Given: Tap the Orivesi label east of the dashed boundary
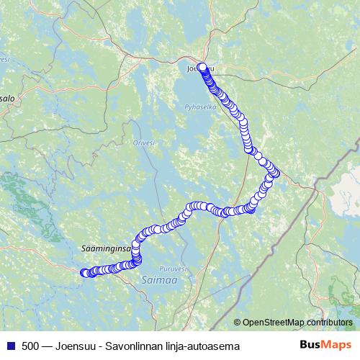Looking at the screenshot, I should [144, 143].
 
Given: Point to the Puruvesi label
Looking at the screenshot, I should [174, 266].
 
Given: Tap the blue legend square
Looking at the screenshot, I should [10, 346].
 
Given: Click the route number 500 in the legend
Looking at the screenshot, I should [30, 346].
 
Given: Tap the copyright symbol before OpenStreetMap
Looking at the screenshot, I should [238, 322].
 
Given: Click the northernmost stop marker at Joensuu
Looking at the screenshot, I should [202, 68].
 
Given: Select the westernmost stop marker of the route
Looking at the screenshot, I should [84, 272].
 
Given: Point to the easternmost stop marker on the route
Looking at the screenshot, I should [276, 173].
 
